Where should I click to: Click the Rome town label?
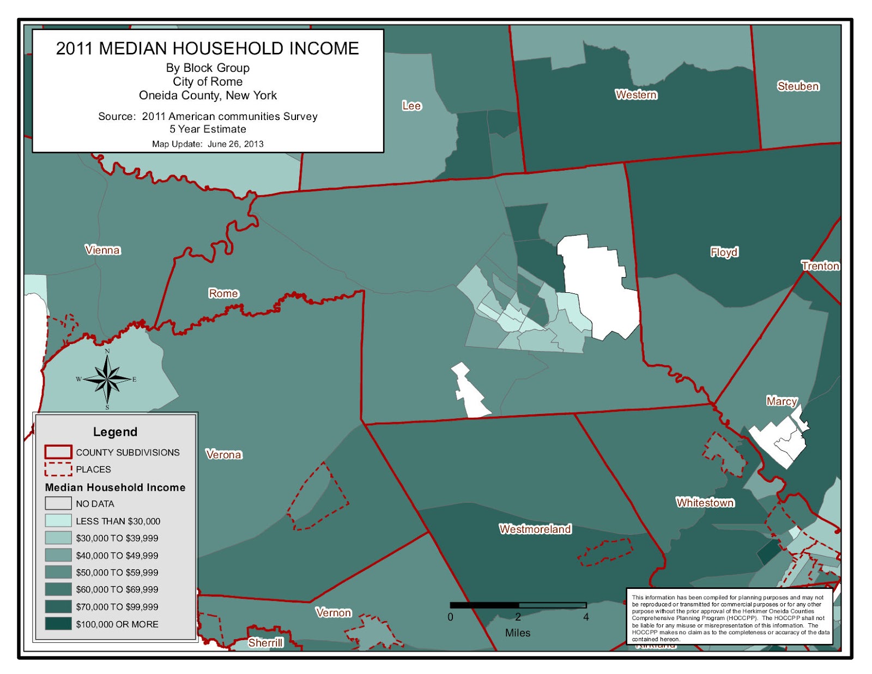pyautogui.click(x=223, y=293)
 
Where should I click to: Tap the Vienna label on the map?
pyautogui.click(x=102, y=250)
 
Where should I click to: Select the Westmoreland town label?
pyautogui.click(x=535, y=529)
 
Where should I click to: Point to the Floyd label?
pyautogui.click(x=724, y=252)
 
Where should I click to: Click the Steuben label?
pyautogui.click(x=798, y=86)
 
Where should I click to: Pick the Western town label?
pyautogui.click(x=636, y=95)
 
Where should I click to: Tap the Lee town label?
pyautogui.click(x=411, y=106)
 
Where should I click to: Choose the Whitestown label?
pyautogui.click(x=705, y=503)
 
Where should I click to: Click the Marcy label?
pyautogui.click(x=782, y=401)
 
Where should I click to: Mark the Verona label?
pyautogui.click(x=223, y=455)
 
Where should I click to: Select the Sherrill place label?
pyautogui.click(x=265, y=643)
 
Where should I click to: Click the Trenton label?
pyautogui.click(x=820, y=266)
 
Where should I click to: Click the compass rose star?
pyautogui.click(x=108, y=378)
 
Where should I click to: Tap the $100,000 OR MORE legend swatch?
pyautogui.click(x=58, y=624)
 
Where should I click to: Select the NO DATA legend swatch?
pyautogui.click(x=58, y=503)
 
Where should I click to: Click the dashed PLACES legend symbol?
pyautogui.click(x=58, y=469)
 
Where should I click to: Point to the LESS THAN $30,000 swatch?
pyautogui.click(x=58, y=521)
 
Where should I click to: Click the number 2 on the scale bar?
pyautogui.click(x=518, y=617)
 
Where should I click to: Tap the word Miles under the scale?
pyautogui.click(x=517, y=633)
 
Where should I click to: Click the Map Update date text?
pyautogui.click(x=208, y=144)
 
